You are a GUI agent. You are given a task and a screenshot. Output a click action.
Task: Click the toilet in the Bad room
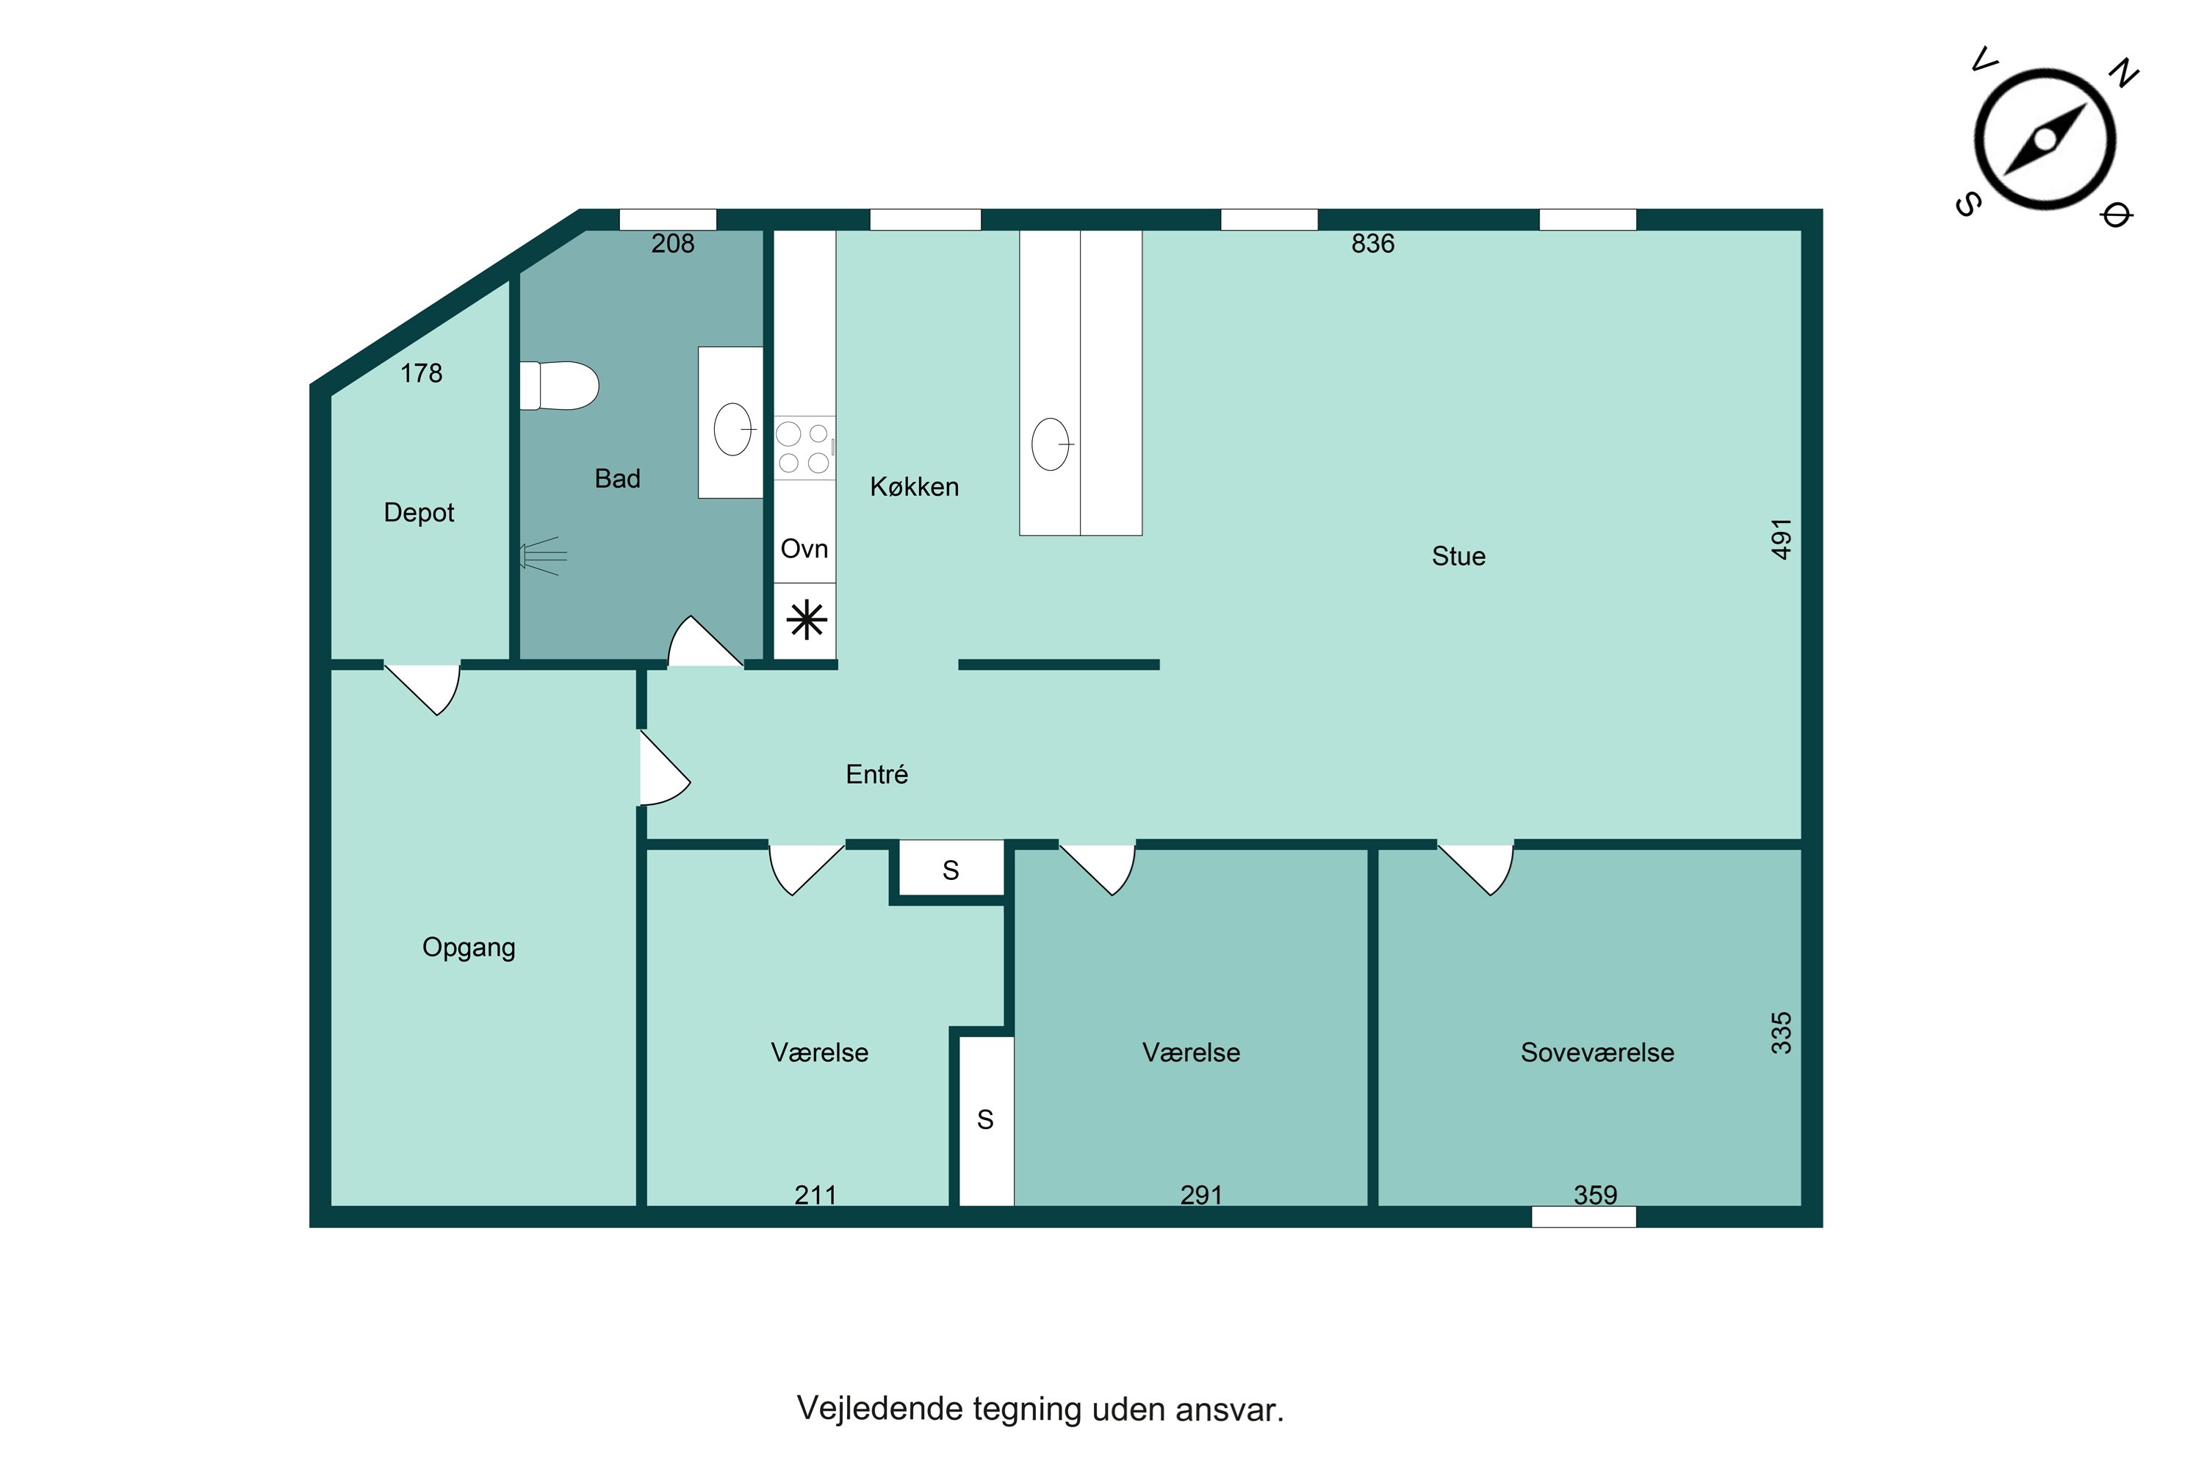[x=559, y=386]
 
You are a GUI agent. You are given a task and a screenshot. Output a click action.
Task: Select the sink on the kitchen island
[x=1051, y=444]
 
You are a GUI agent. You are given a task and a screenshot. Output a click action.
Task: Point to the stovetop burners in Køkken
[x=804, y=448]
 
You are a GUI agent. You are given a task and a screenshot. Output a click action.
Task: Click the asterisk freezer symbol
[x=806, y=620]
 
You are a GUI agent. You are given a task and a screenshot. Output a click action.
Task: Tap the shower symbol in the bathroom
[x=544, y=555]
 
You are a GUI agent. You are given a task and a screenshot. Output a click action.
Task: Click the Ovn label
[x=804, y=549]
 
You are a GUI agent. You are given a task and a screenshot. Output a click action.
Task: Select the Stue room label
[x=1458, y=557]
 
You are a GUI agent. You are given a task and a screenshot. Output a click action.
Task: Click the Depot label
[x=419, y=513]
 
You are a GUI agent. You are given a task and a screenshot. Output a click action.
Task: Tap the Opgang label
[x=469, y=948]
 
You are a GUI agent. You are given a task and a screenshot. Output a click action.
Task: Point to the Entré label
[x=876, y=775]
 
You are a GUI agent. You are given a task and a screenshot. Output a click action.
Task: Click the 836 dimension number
[x=1373, y=244]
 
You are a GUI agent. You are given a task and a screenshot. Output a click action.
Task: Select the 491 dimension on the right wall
[x=1782, y=538]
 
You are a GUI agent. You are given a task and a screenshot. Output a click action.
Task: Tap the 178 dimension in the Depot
[x=421, y=374]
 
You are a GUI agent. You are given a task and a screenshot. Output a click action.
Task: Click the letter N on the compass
[x=2123, y=73]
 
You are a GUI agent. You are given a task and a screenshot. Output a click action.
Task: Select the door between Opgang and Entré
[x=663, y=768]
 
